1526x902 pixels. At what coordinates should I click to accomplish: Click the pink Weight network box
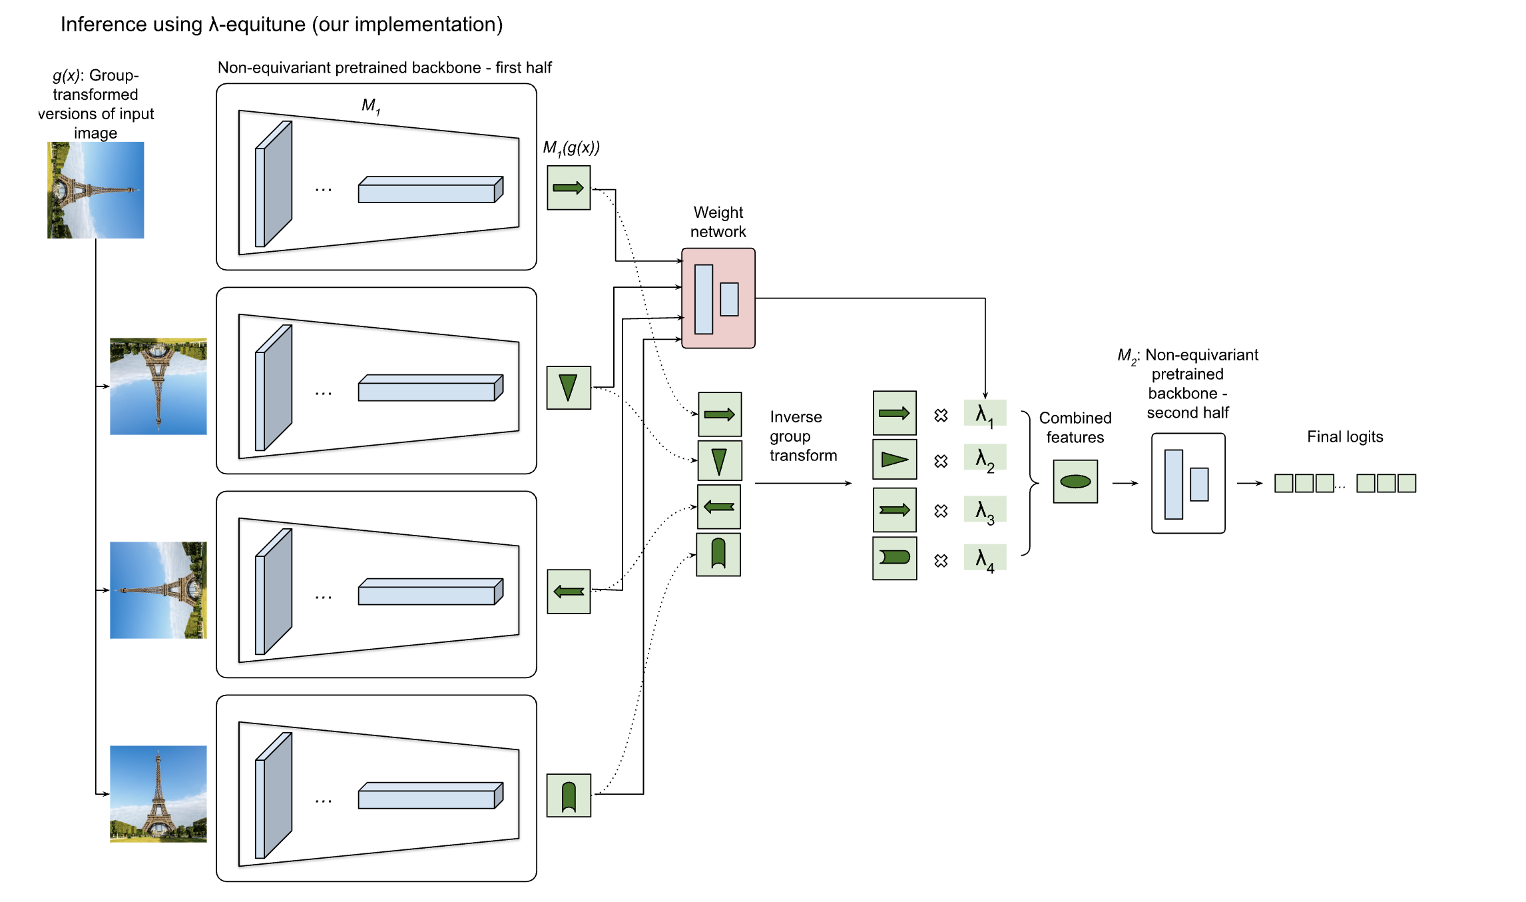[x=718, y=298]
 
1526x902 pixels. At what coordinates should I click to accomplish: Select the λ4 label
[x=984, y=558]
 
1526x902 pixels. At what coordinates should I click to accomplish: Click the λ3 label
[x=984, y=510]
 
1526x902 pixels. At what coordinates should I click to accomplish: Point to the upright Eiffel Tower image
[x=158, y=793]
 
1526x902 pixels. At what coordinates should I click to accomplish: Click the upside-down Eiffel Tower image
[x=158, y=386]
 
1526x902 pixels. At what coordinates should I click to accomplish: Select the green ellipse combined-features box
[x=1075, y=481]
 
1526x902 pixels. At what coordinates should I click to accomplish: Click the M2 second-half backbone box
[x=1188, y=483]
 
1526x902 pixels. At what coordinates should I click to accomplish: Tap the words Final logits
[x=1344, y=437]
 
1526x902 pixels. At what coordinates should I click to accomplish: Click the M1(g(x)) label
[x=571, y=148]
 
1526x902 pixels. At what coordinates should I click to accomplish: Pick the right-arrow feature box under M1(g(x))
[x=569, y=188]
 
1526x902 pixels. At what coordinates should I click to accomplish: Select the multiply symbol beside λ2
[x=940, y=461]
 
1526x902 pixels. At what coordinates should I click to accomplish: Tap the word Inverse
[x=796, y=417]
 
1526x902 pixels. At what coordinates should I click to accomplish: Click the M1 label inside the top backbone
[x=370, y=105]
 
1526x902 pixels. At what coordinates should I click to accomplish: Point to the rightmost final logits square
[x=1407, y=483]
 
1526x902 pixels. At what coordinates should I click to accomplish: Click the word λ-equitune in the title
[x=256, y=25]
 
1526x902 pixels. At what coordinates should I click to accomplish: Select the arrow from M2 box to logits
[x=1249, y=483]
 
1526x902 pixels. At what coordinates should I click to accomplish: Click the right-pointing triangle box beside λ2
[x=894, y=459]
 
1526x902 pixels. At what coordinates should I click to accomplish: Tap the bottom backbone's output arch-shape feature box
[x=569, y=795]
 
